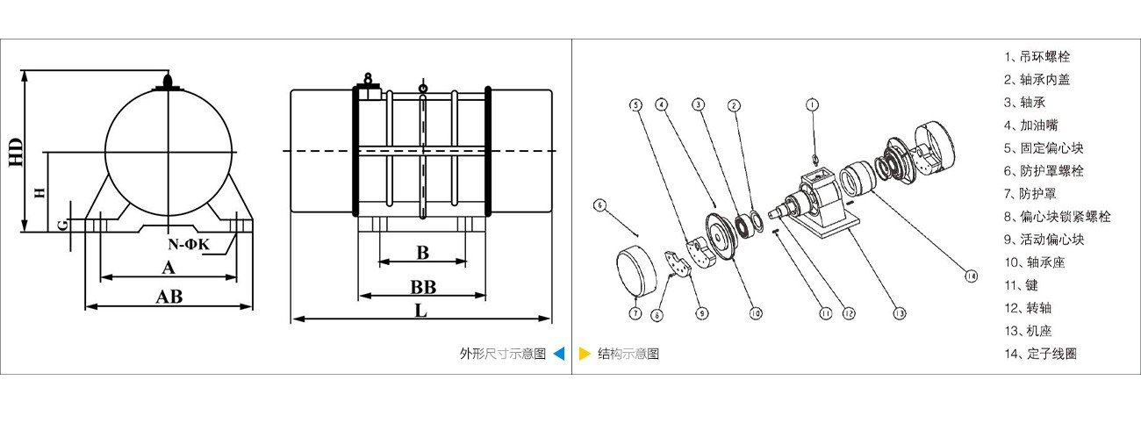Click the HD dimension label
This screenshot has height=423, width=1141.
[14, 152]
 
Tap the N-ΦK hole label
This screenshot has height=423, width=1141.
[190, 244]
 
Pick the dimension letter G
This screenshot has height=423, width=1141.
[62, 226]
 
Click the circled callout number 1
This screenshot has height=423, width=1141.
[813, 104]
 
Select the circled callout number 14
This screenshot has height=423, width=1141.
[970, 276]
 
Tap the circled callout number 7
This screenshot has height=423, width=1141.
[635, 312]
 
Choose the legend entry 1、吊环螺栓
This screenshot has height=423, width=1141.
[1037, 56]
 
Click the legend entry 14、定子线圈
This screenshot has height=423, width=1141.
[1040, 354]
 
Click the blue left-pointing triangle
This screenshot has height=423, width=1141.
[559, 354]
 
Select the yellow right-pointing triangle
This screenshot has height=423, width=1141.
[585, 354]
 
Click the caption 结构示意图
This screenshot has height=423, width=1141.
[628, 354]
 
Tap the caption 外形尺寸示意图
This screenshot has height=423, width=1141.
[502, 354]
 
